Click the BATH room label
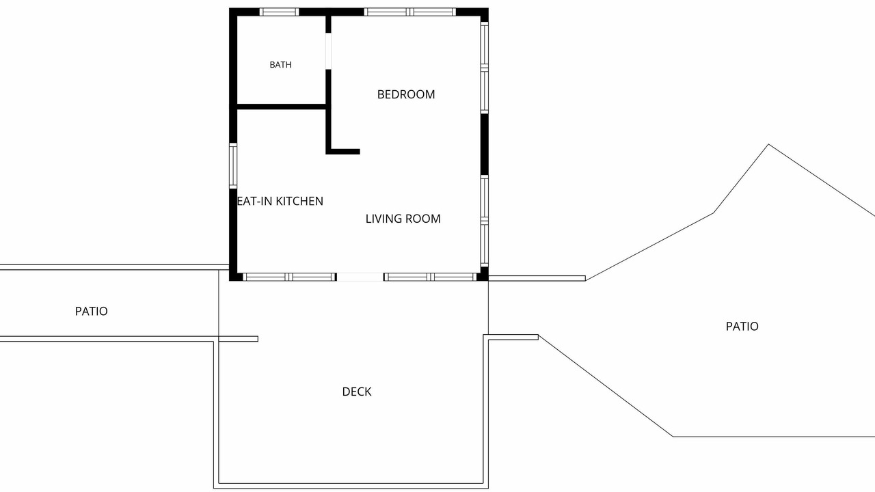[280, 65]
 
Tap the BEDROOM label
[406, 94]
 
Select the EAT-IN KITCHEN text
[280, 201]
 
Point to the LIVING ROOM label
[403, 219]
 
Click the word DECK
[357, 392]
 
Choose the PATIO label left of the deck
[92, 311]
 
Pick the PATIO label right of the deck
[742, 327]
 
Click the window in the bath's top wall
[280, 12]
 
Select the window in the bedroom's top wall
[410, 12]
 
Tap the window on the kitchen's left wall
[233, 165]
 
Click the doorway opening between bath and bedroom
[329, 51]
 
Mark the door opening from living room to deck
[360, 277]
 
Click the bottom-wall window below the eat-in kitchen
[289, 277]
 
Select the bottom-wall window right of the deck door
[430, 277]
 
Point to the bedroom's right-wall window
[485, 68]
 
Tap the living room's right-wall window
[485, 221]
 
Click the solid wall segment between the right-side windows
[485, 144]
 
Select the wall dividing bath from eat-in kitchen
[282, 107]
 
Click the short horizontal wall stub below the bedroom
[343, 152]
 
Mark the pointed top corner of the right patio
[769, 144]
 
